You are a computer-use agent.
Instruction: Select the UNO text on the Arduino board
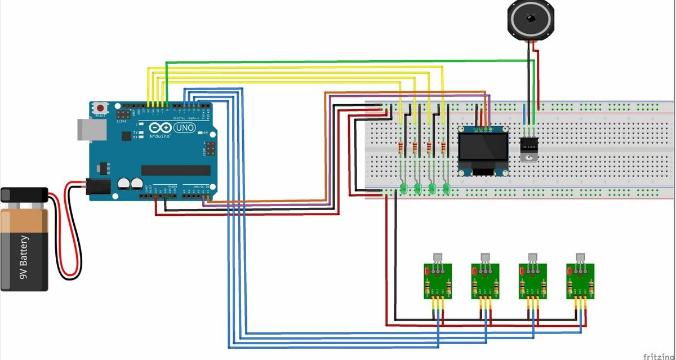pyautogui.click(x=185, y=128)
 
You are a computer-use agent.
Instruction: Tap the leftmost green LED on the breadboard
pyautogui.click(x=403, y=188)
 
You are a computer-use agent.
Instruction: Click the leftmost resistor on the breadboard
pyautogui.click(x=401, y=148)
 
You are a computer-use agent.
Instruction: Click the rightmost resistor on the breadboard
pyautogui.click(x=443, y=148)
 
